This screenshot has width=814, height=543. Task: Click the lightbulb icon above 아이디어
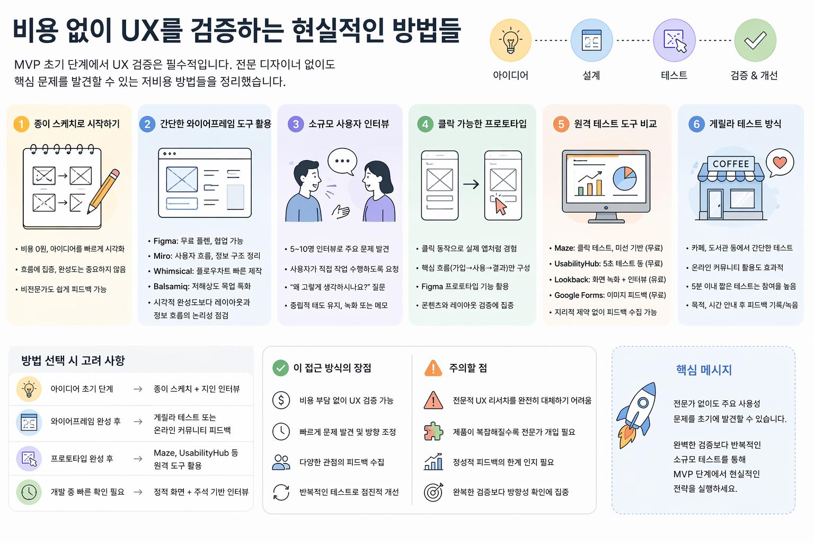(510, 40)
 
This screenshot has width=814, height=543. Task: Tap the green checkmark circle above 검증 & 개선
(755, 40)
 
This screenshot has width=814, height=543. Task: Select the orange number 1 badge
(21, 124)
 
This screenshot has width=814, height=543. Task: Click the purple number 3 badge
(296, 124)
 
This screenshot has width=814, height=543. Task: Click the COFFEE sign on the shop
(731, 164)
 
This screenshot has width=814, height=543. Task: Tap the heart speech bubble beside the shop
(780, 162)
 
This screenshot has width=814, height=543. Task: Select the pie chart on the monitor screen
(625, 178)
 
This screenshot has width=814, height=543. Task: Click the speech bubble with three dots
(342, 161)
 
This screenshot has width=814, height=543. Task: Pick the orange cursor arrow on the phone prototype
(500, 206)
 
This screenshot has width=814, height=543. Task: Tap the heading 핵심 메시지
(704, 370)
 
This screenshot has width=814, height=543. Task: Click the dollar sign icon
(281, 400)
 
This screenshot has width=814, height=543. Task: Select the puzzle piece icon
(433, 432)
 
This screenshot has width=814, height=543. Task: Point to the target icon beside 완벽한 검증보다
(433, 492)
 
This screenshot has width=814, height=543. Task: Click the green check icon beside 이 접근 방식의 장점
(280, 368)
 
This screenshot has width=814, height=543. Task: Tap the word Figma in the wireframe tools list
(165, 241)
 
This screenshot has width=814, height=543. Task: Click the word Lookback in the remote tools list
(572, 279)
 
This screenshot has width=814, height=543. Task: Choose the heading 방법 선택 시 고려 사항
(73, 361)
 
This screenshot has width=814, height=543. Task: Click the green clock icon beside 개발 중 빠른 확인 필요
(29, 492)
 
